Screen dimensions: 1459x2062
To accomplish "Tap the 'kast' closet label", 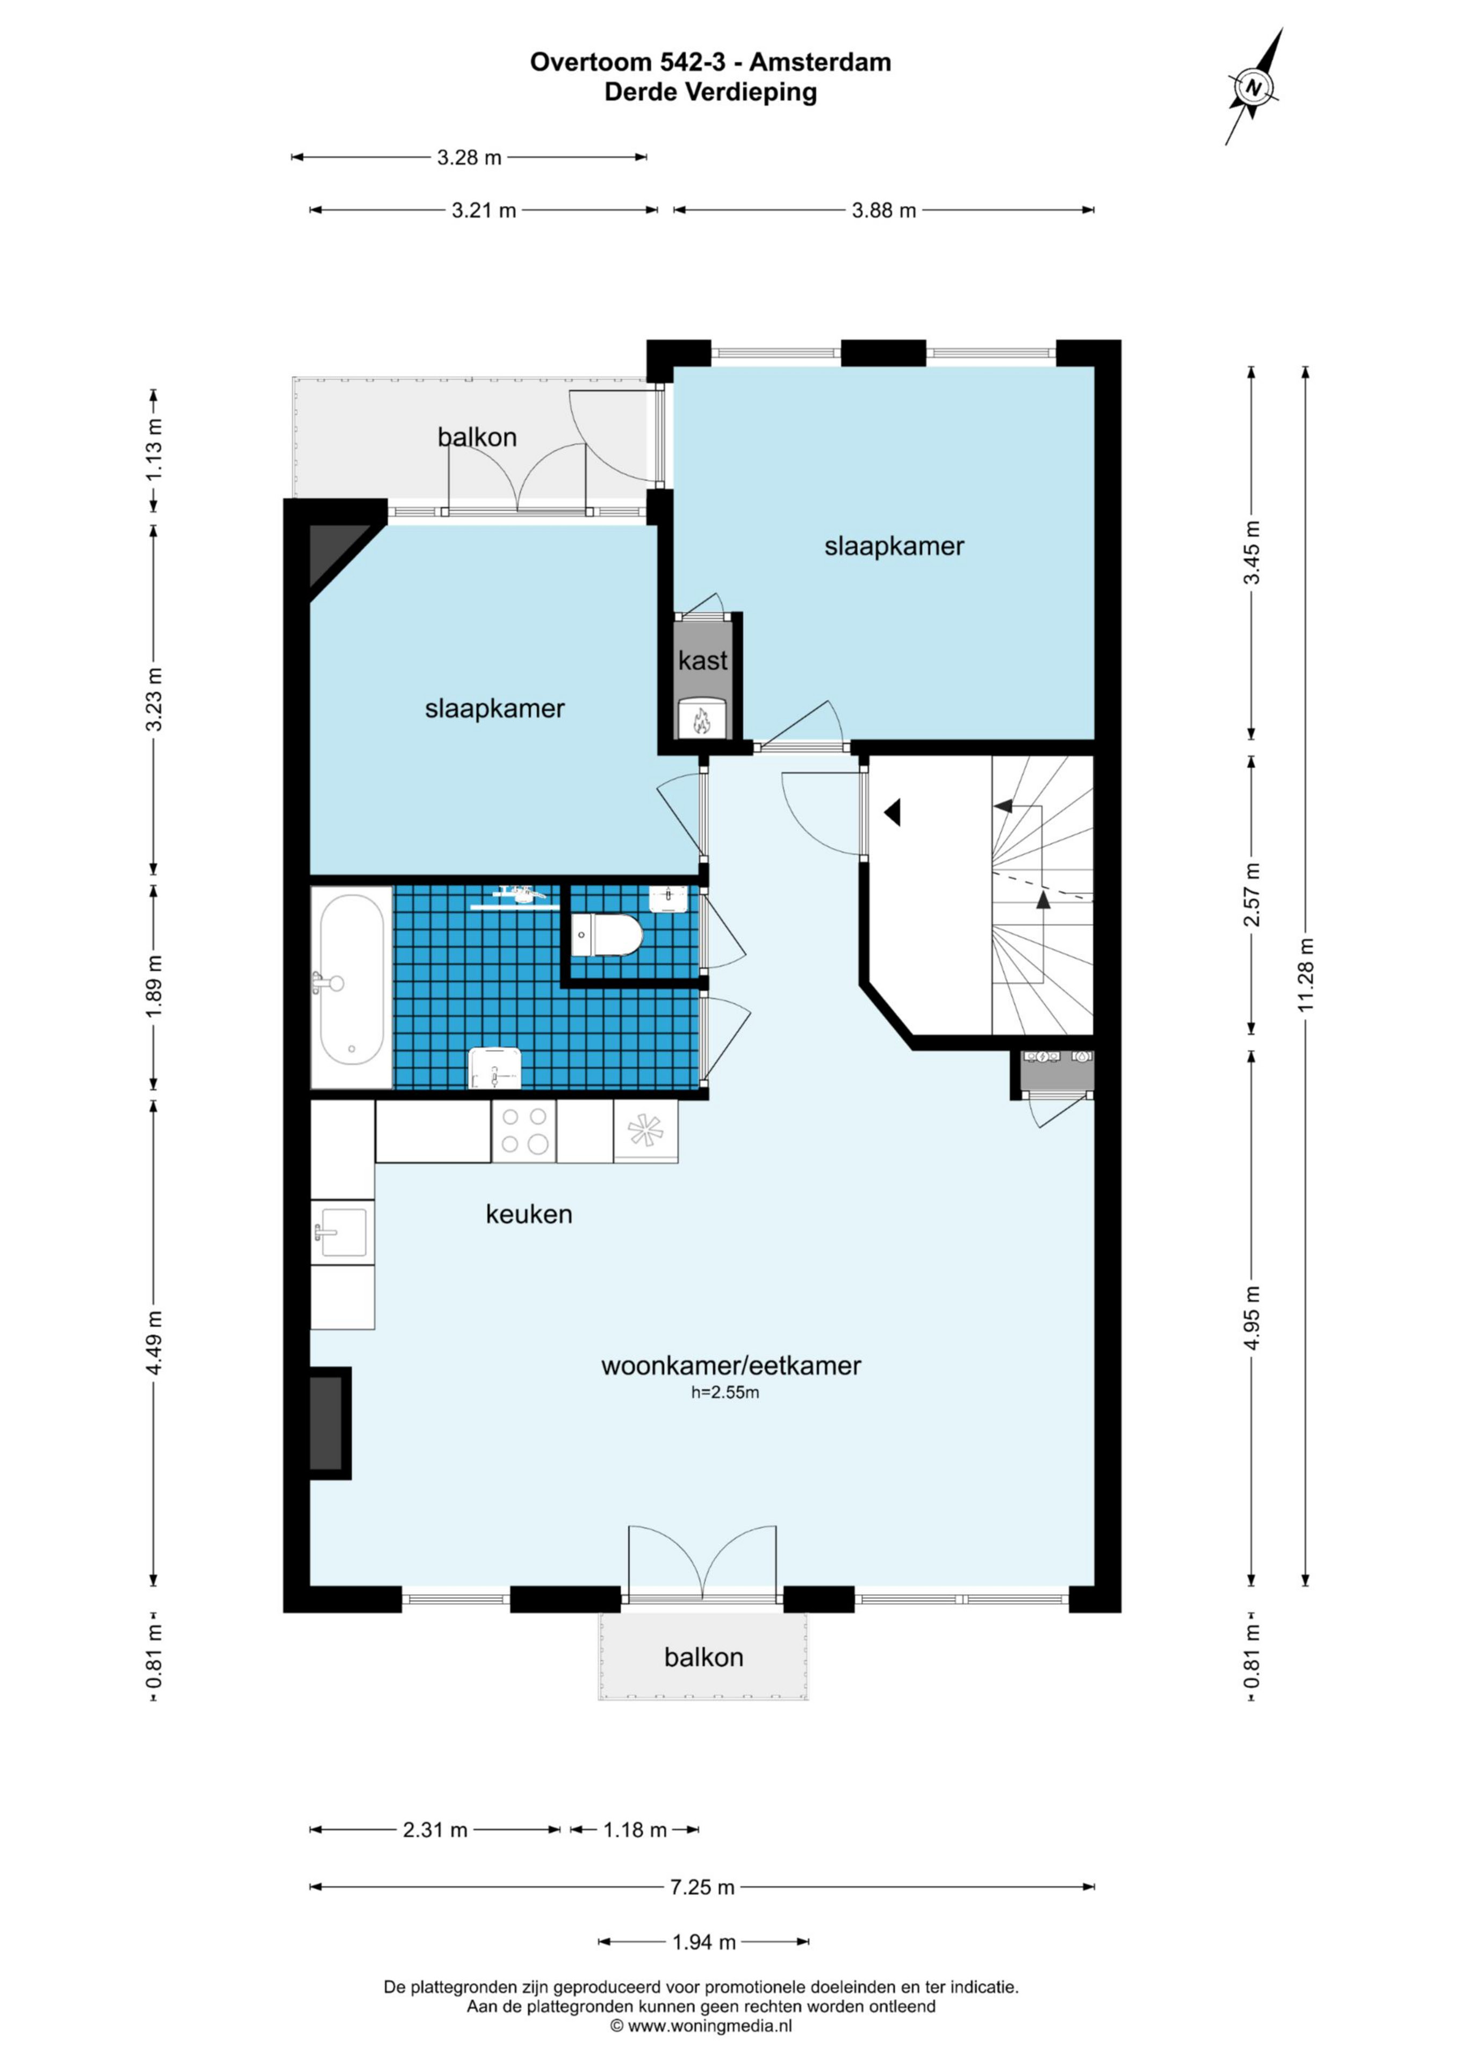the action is [702, 661].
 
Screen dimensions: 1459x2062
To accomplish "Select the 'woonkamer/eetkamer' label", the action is [730, 1366].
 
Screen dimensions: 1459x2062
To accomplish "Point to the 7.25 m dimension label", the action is [702, 1887].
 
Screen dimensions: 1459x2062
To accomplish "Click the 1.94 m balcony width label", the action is [705, 1943].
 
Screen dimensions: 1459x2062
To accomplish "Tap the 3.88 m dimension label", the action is [884, 210].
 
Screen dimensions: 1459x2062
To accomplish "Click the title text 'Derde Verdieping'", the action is [710, 92].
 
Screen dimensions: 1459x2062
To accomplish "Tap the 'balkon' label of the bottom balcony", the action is [703, 1657].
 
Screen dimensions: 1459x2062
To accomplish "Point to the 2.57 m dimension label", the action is [1252, 894].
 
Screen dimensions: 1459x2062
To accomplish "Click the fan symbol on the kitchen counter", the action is [645, 1131].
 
